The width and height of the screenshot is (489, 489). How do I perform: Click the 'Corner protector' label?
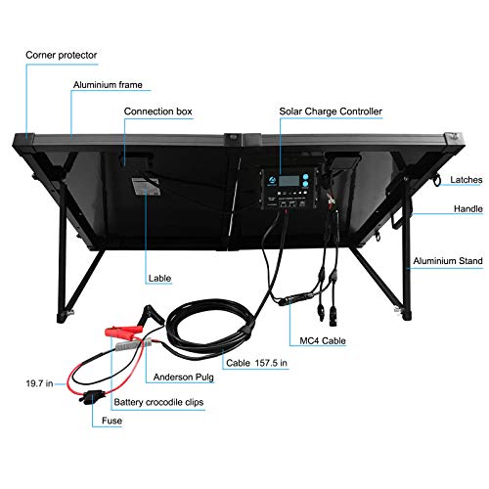(x=62, y=55)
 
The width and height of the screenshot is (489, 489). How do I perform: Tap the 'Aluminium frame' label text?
(x=108, y=85)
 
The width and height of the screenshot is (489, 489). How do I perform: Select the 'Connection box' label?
(x=158, y=111)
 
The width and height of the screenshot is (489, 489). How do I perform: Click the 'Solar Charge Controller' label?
(x=331, y=111)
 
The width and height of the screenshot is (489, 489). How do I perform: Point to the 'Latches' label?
(x=467, y=180)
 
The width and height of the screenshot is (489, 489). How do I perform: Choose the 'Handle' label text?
(x=468, y=208)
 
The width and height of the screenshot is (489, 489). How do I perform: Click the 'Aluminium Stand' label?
(x=448, y=261)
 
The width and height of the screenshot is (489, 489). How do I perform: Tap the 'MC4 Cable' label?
(x=323, y=340)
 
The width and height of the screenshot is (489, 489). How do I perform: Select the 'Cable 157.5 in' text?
(x=257, y=363)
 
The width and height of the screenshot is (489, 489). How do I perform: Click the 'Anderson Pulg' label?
(x=184, y=378)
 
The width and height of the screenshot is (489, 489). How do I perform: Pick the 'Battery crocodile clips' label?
(x=158, y=402)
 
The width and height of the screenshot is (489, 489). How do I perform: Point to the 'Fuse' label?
(x=111, y=421)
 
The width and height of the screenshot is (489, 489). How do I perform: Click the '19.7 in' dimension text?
(x=39, y=383)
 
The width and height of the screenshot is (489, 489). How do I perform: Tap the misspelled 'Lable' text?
(x=159, y=279)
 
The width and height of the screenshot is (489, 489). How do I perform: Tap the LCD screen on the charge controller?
(x=289, y=180)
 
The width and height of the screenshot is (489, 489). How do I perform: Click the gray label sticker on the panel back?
(x=146, y=186)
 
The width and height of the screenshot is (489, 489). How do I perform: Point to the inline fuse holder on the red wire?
(x=92, y=397)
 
